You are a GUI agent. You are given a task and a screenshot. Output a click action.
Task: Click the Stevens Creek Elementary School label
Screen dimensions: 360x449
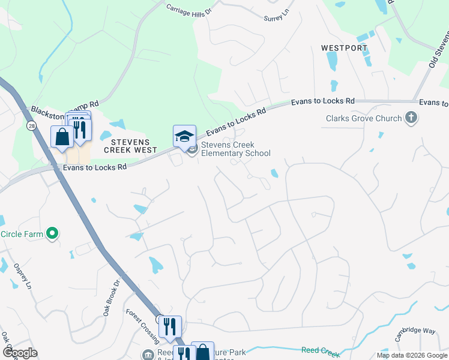click(x=236, y=149)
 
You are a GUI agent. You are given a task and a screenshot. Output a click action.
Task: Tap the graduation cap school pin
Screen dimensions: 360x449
click(x=184, y=136)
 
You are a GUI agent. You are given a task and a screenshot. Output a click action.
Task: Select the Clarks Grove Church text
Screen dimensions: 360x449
click(x=364, y=118)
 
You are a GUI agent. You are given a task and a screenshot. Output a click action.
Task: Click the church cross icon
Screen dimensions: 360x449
click(x=411, y=118)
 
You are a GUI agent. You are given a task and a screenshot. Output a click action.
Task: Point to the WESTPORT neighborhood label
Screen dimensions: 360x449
click(x=344, y=47)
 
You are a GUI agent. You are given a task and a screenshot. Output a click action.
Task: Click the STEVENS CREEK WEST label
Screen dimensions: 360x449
click(x=130, y=146)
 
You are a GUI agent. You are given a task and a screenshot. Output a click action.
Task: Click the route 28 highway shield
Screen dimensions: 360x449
click(x=31, y=125)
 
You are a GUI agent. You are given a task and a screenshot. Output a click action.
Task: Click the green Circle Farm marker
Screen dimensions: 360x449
click(x=52, y=233)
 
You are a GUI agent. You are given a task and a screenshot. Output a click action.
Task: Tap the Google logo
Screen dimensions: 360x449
click(x=20, y=353)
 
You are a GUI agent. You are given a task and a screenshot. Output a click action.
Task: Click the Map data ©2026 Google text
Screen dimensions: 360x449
click(x=411, y=355)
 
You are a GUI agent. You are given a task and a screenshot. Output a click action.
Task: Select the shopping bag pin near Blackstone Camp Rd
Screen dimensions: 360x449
click(x=62, y=136)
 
